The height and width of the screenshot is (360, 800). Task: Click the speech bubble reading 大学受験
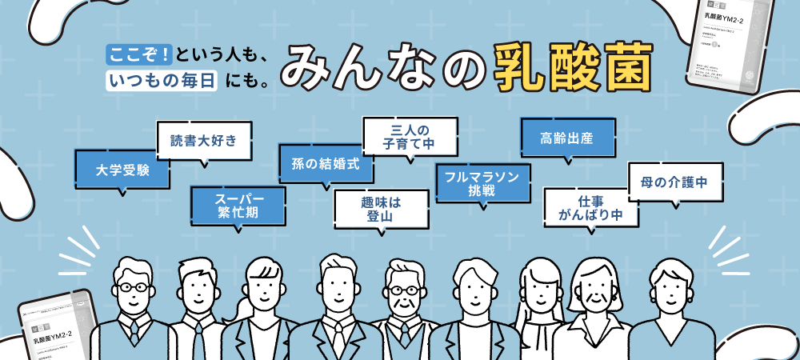coord(121,170)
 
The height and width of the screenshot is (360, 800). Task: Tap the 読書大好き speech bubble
coord(203,142)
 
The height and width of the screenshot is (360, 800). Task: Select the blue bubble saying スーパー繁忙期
coord(238,206)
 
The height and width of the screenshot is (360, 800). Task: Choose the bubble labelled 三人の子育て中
coord(410,136)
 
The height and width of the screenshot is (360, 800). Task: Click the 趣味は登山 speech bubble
coord(381,209)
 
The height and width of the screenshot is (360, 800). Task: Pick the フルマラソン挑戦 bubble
coord(483,183)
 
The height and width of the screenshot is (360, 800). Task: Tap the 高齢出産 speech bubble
coord(568,138)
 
